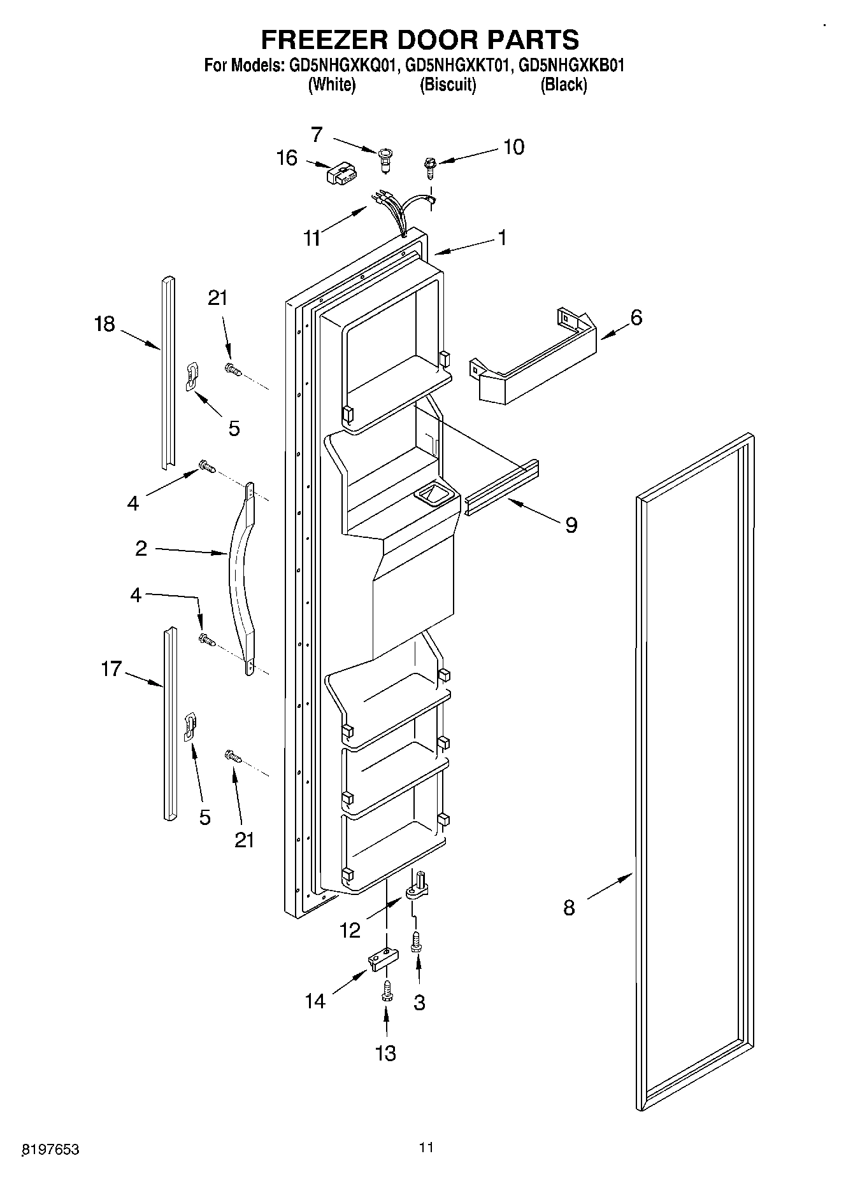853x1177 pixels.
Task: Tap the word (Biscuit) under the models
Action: tap(448, 85)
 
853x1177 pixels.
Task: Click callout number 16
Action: tap(287, 157)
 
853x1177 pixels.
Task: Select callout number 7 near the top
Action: tap(317, 134)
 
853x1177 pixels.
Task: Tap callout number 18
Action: tap(104, 324)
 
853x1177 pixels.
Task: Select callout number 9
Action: tap(571, 525)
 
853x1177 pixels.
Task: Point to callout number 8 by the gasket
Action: tap(569, 907)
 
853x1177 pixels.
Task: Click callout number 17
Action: tap(111, 669)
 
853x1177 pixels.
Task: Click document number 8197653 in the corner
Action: tap(50, 1149)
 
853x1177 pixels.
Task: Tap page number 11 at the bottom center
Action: tap(426, 1148)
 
